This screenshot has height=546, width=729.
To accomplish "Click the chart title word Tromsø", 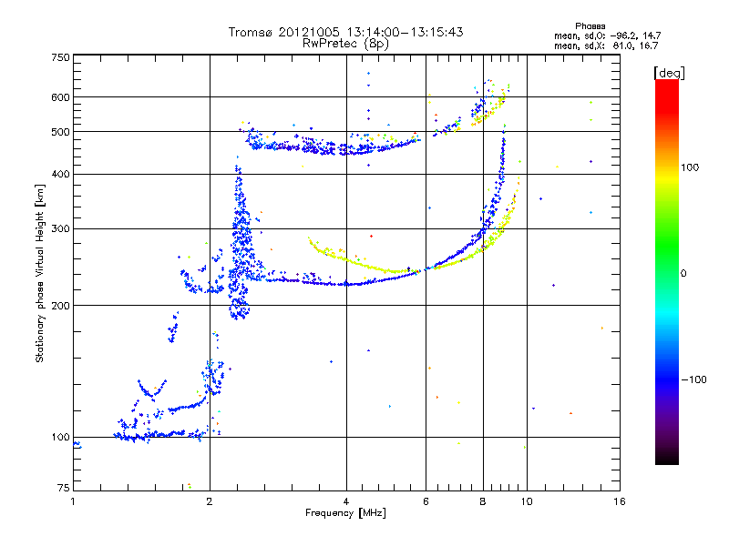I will pos(251,32).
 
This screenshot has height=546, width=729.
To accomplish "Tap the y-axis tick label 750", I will pos(59,57).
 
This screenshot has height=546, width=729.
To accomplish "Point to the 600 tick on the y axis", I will pos(59,97).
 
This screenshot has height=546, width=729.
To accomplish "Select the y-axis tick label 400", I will pos(59,174).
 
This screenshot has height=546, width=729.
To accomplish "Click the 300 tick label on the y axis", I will pos(59,228).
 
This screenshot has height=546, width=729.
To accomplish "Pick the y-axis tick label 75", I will pos(62,489).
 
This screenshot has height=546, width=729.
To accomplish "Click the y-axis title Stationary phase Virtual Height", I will pos(39,273).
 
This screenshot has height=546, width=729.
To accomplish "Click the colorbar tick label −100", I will pos(699,379).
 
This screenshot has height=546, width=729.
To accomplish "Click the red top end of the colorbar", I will pos(666,84).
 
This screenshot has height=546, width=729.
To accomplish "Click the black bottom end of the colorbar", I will pos(666,460).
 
